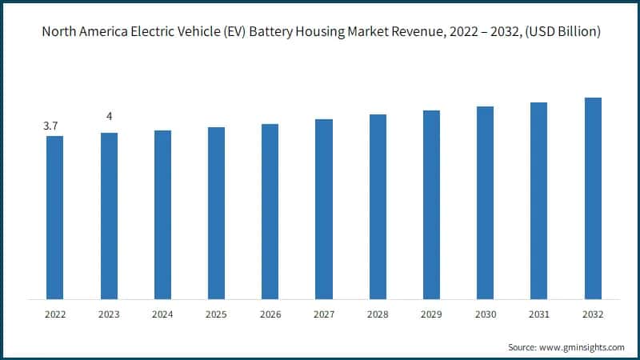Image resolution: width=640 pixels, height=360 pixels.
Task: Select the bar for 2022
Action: (54, 218)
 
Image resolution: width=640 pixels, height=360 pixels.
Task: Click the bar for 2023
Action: (109, 216)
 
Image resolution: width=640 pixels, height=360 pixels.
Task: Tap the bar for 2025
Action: (216, 213)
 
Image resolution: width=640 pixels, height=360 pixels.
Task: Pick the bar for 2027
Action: (324, 209)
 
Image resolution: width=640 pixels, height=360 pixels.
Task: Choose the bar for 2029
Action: (431, 205)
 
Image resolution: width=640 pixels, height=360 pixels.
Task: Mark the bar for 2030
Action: (485, 202)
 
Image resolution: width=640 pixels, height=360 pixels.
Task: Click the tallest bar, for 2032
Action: (593, 198)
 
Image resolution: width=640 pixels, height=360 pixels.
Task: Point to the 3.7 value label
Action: (50, 126)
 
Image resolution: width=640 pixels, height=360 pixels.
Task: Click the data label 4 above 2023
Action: (109, 117)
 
